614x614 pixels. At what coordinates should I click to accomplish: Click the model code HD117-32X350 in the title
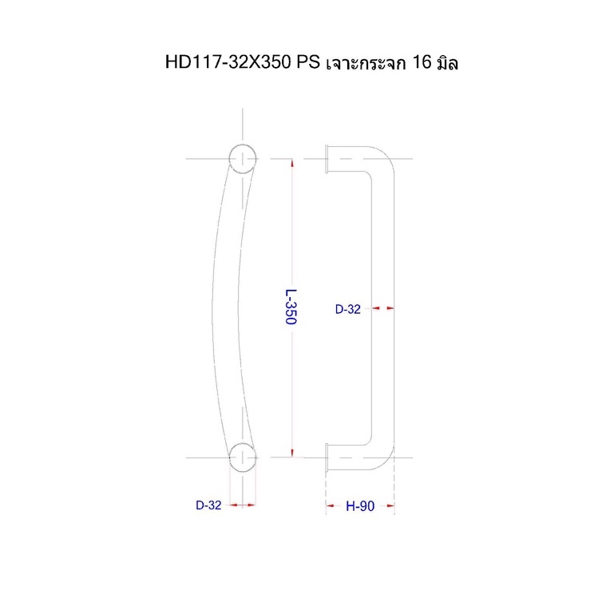[x=228, y=62]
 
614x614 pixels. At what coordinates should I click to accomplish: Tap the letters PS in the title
[x=308, y=62]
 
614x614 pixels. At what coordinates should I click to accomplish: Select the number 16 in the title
[x=422, y=62]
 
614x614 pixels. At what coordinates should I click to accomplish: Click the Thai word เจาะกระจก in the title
[x=366, y=62]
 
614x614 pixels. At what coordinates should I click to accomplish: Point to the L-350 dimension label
[x=291, y=307]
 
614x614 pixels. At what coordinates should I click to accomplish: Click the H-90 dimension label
[x=360, y=506]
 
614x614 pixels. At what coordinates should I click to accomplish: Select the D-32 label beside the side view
[x=348, y=309]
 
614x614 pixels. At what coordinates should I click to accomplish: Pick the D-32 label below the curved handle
[x=208, y=505]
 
